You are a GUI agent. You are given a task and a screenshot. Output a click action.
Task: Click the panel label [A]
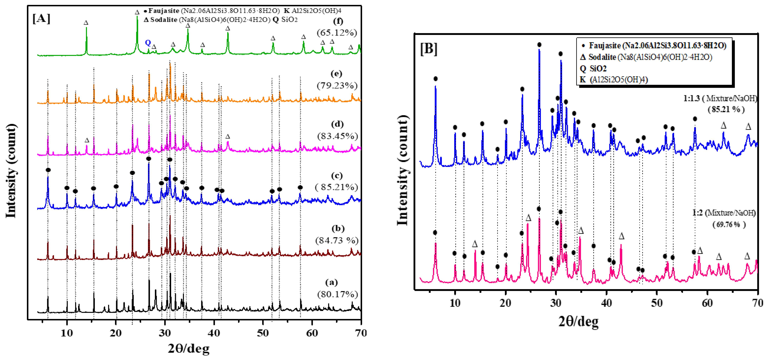[41, 18]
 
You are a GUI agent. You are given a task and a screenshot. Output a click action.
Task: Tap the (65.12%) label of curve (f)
[337, 33]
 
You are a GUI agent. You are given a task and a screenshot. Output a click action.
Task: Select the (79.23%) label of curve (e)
[337, 86]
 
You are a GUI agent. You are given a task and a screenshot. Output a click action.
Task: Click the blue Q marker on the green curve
[148, 43]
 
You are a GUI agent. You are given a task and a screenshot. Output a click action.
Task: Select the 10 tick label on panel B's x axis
[455, 303]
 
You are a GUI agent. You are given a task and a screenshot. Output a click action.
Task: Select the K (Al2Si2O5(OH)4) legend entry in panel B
[613, 79]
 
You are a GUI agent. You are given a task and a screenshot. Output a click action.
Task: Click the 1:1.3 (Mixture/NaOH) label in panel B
[720, 98]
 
